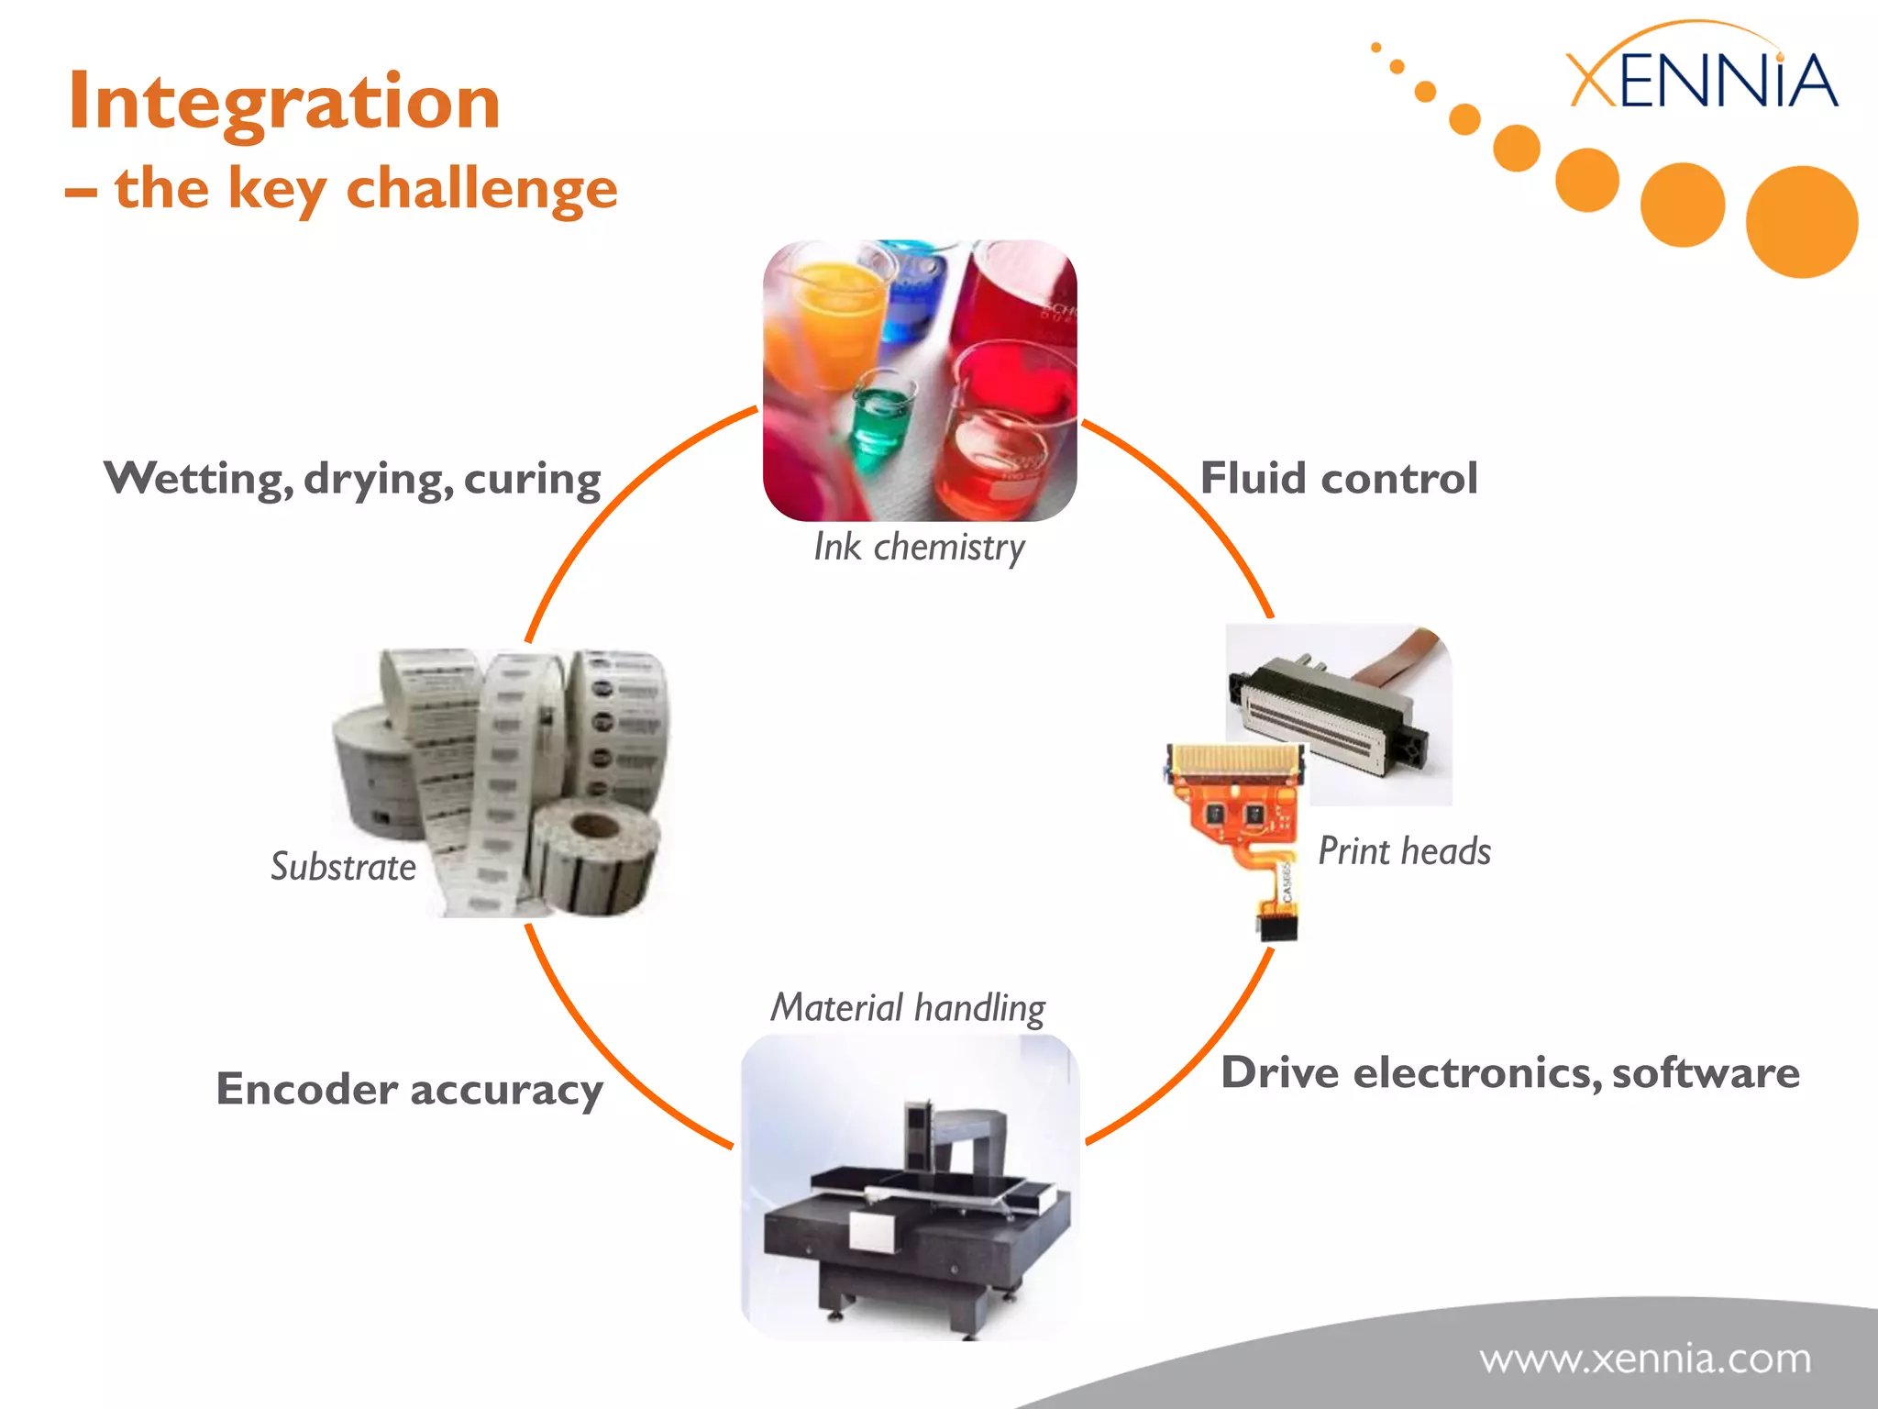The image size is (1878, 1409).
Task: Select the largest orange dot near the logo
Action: click(x=1801, y=222)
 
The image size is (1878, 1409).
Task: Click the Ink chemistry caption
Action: click(x=919, y=547)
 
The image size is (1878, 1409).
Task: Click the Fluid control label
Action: click(x=1339, y=478)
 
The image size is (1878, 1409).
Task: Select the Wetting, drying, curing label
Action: click(x=352, y=479)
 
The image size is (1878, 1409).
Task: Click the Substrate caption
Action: click(x=343, y=867)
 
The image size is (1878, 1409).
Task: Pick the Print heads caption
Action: click(x=1404, y=851)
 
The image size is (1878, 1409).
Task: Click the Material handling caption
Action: click(x=908, y=1007)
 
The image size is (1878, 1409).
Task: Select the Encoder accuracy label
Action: click(x=409, y=1090)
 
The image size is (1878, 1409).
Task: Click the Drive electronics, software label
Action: click(x=1509, y=1073)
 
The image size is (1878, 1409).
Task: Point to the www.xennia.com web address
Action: click(x=1645, y=1359)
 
